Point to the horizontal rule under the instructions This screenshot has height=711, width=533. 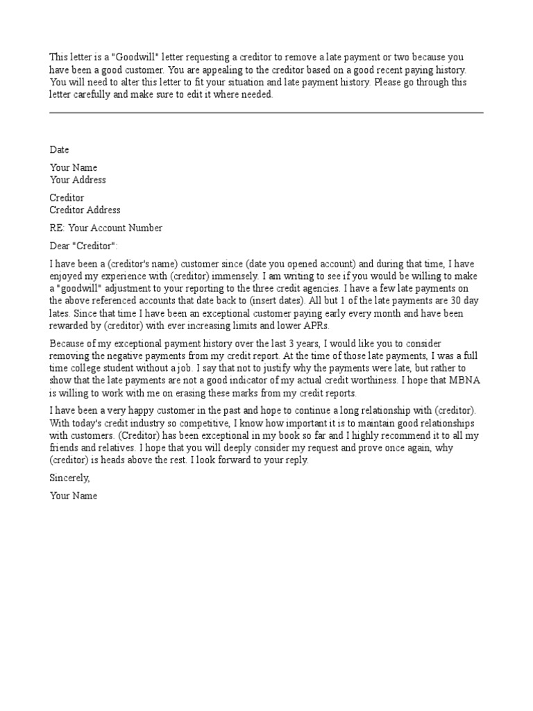coord(266,112)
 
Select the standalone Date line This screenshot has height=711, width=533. coord(60,149)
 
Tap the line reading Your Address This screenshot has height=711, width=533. coord(78,180)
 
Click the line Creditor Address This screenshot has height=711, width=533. coord(85,210)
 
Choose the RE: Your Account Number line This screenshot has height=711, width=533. coord(106,228)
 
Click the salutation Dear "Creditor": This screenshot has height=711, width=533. coord(84,246)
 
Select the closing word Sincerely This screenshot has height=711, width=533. coord(69,478)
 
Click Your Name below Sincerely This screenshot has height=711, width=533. coord(74,496)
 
